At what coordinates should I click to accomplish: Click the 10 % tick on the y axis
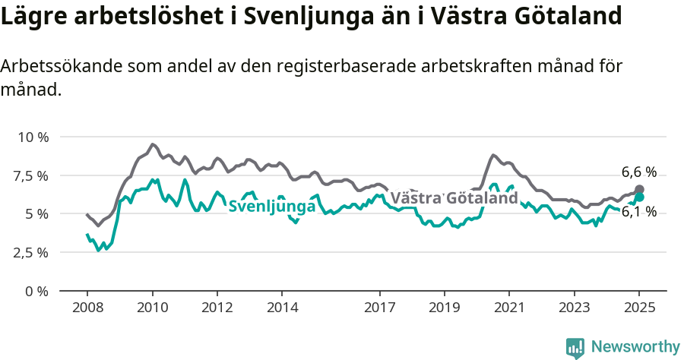tap(32, 137)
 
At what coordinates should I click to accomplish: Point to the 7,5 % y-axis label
tap(32, 175)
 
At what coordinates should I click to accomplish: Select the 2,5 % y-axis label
tap(32, 252)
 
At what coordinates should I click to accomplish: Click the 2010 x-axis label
tap(152, 308)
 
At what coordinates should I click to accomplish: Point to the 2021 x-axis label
tap(508, 308)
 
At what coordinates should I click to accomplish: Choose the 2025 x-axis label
tap(638, 308)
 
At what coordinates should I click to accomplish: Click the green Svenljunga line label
tap(271, 207)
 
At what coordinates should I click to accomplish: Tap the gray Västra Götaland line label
tap(454, 198)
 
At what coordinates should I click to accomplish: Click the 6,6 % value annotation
tap(638, 172)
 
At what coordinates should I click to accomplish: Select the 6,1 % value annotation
tap(638, 212)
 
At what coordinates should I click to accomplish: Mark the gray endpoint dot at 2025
tap(639, 189)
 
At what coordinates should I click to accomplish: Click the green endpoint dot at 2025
tap(639, 197)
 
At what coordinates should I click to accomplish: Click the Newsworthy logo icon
tap(575, 348)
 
